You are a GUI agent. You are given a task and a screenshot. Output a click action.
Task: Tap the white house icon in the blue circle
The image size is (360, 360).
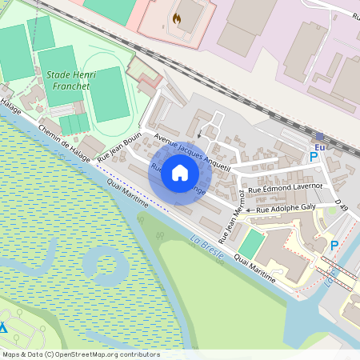(180, 173)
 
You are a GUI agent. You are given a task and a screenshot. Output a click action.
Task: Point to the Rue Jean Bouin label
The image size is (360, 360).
(118, 146)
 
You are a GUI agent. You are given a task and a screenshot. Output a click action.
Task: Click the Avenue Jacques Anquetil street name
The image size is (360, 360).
(192, 151)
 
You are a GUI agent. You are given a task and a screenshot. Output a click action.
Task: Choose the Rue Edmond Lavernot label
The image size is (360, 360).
(285, 187)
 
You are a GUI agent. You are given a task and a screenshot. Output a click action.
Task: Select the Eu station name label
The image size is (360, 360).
(320, 147)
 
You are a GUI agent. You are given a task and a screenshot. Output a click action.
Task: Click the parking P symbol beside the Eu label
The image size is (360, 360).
(314, 158)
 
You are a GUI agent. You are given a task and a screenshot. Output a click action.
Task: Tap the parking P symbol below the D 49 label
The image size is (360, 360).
(334, 246)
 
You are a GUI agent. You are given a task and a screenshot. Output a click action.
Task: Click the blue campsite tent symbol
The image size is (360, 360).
(3, 327)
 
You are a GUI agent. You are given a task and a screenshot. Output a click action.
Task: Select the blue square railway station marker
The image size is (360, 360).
(319, 137)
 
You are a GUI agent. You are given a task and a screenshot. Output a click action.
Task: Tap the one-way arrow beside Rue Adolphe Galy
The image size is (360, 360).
(249, 210)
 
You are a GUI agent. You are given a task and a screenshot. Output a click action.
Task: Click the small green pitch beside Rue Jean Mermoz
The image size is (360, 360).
(251, 242)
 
